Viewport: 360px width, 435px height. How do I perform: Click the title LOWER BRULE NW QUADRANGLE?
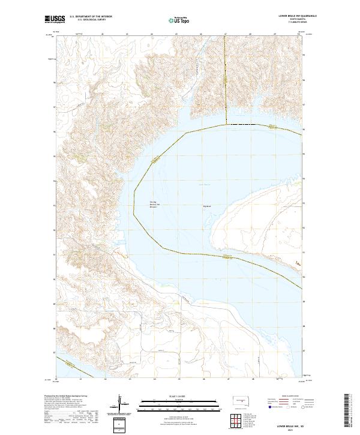click(x=282, y=17)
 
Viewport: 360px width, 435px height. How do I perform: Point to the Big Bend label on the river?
click(x=208, y=206)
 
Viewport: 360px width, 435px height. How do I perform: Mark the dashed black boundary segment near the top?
click(x=243, y=124)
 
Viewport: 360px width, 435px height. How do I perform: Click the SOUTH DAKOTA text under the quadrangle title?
click(x=282, y=20)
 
